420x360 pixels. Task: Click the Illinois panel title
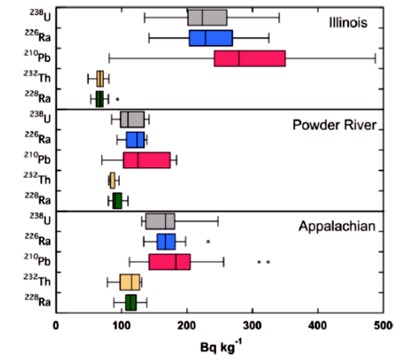click(x=348, y=23)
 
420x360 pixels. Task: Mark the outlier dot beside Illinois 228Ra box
click(x=117, y=99)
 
